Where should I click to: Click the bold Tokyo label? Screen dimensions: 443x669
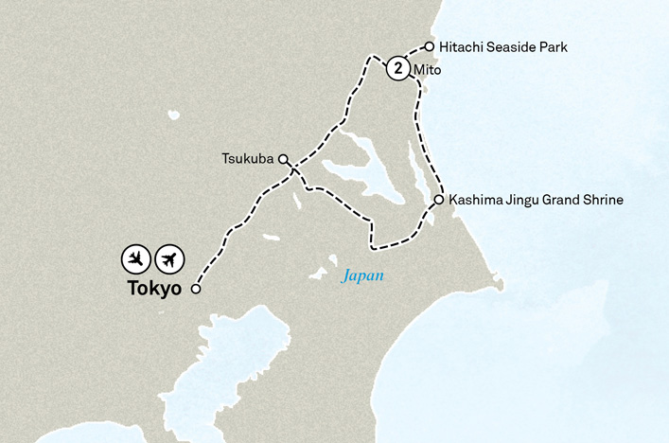[x=153, y=290]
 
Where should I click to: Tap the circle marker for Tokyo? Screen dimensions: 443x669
[x=196, y=290]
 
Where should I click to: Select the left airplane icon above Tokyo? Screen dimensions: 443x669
[x=137, y=258]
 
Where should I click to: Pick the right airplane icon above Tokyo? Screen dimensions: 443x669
[x=170, y=258]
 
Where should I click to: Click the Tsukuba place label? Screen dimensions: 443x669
[x=246, y=160]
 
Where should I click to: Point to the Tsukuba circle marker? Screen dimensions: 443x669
[x=283, y=160]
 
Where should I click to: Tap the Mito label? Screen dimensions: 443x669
[x=428, y=70]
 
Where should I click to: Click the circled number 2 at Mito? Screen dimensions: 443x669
[x=398, y=69]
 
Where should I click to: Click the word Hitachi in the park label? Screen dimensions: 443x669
[x=460, y=45]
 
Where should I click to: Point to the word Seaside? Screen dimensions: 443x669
[x=511, y=45]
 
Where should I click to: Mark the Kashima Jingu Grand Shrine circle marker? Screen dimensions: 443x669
[x=439, y=200]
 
